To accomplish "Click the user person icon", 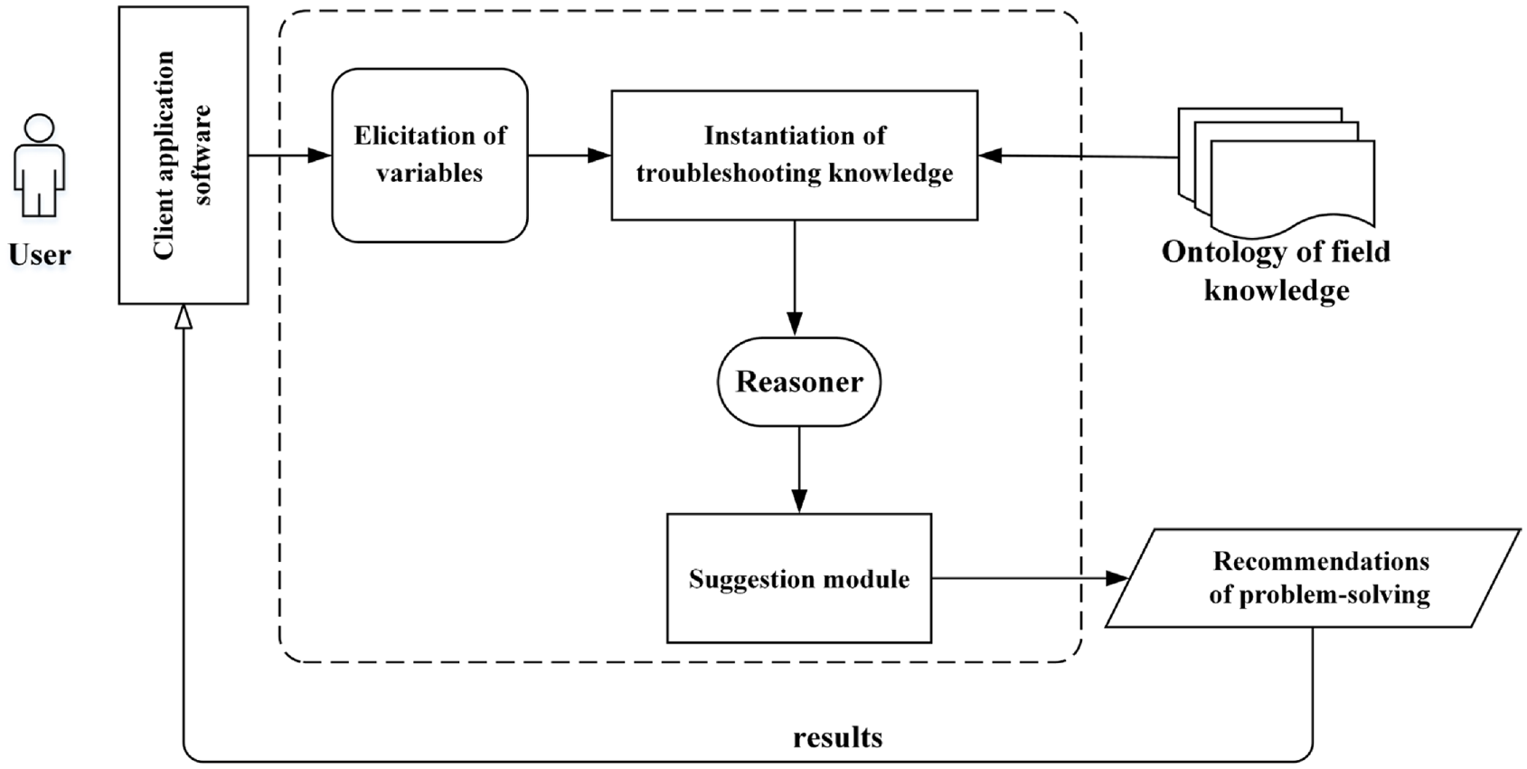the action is (x=39, y=166).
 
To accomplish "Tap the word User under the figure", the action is (x=40, y=254).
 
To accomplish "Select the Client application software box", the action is (x=184, y=155).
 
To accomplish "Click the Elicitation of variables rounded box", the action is (x=429, y=155).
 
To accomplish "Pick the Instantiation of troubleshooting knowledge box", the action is (x=794, y=155).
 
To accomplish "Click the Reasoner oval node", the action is (x=799, y=382).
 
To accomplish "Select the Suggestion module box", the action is (x=799, y=578).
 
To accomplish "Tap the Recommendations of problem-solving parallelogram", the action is (x=1312, y=578).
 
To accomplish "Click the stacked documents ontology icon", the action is (x=1277, y=171).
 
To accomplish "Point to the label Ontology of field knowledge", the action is (x=1277, y=271).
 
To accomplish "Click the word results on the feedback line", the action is (x=838, y=737).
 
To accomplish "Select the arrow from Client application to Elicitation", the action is (x=289, y=156).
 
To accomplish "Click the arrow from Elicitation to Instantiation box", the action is (x=570, y=156).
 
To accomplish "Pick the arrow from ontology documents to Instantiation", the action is (x=1079, y=157).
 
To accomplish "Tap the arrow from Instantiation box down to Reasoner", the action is (x=794, y=278).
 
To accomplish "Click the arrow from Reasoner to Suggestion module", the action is (x=799, y=470).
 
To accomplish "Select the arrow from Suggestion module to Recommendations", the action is (x=1031, y=578).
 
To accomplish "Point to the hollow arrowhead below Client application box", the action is (x=184, y=316).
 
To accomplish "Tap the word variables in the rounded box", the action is (x=429, y=174).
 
